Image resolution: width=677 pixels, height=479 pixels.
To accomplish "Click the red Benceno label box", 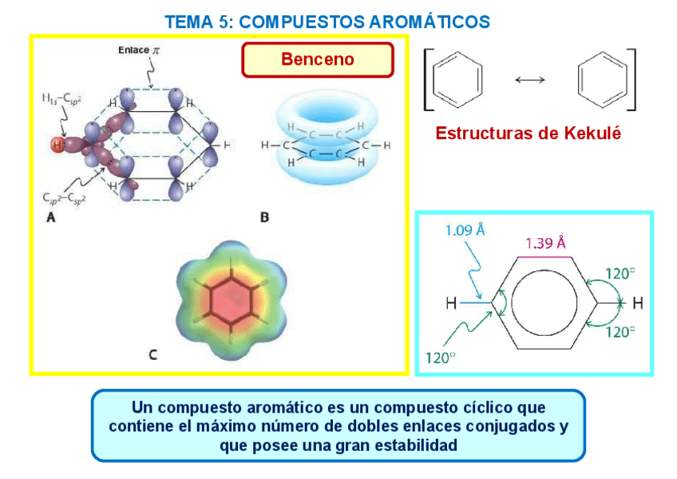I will pos(317,60).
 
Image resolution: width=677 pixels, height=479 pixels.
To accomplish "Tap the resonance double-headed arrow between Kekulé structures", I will pos(529,79).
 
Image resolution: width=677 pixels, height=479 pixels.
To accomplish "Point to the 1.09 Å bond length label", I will pos(465,230).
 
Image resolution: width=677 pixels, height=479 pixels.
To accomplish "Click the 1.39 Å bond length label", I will pos(545,243).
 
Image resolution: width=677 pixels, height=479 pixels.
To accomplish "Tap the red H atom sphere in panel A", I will pos(56,145).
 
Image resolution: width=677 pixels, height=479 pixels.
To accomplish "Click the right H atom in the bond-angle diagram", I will pos(637,303).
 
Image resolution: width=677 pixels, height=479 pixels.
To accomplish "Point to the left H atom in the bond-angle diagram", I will pos(452,304).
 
